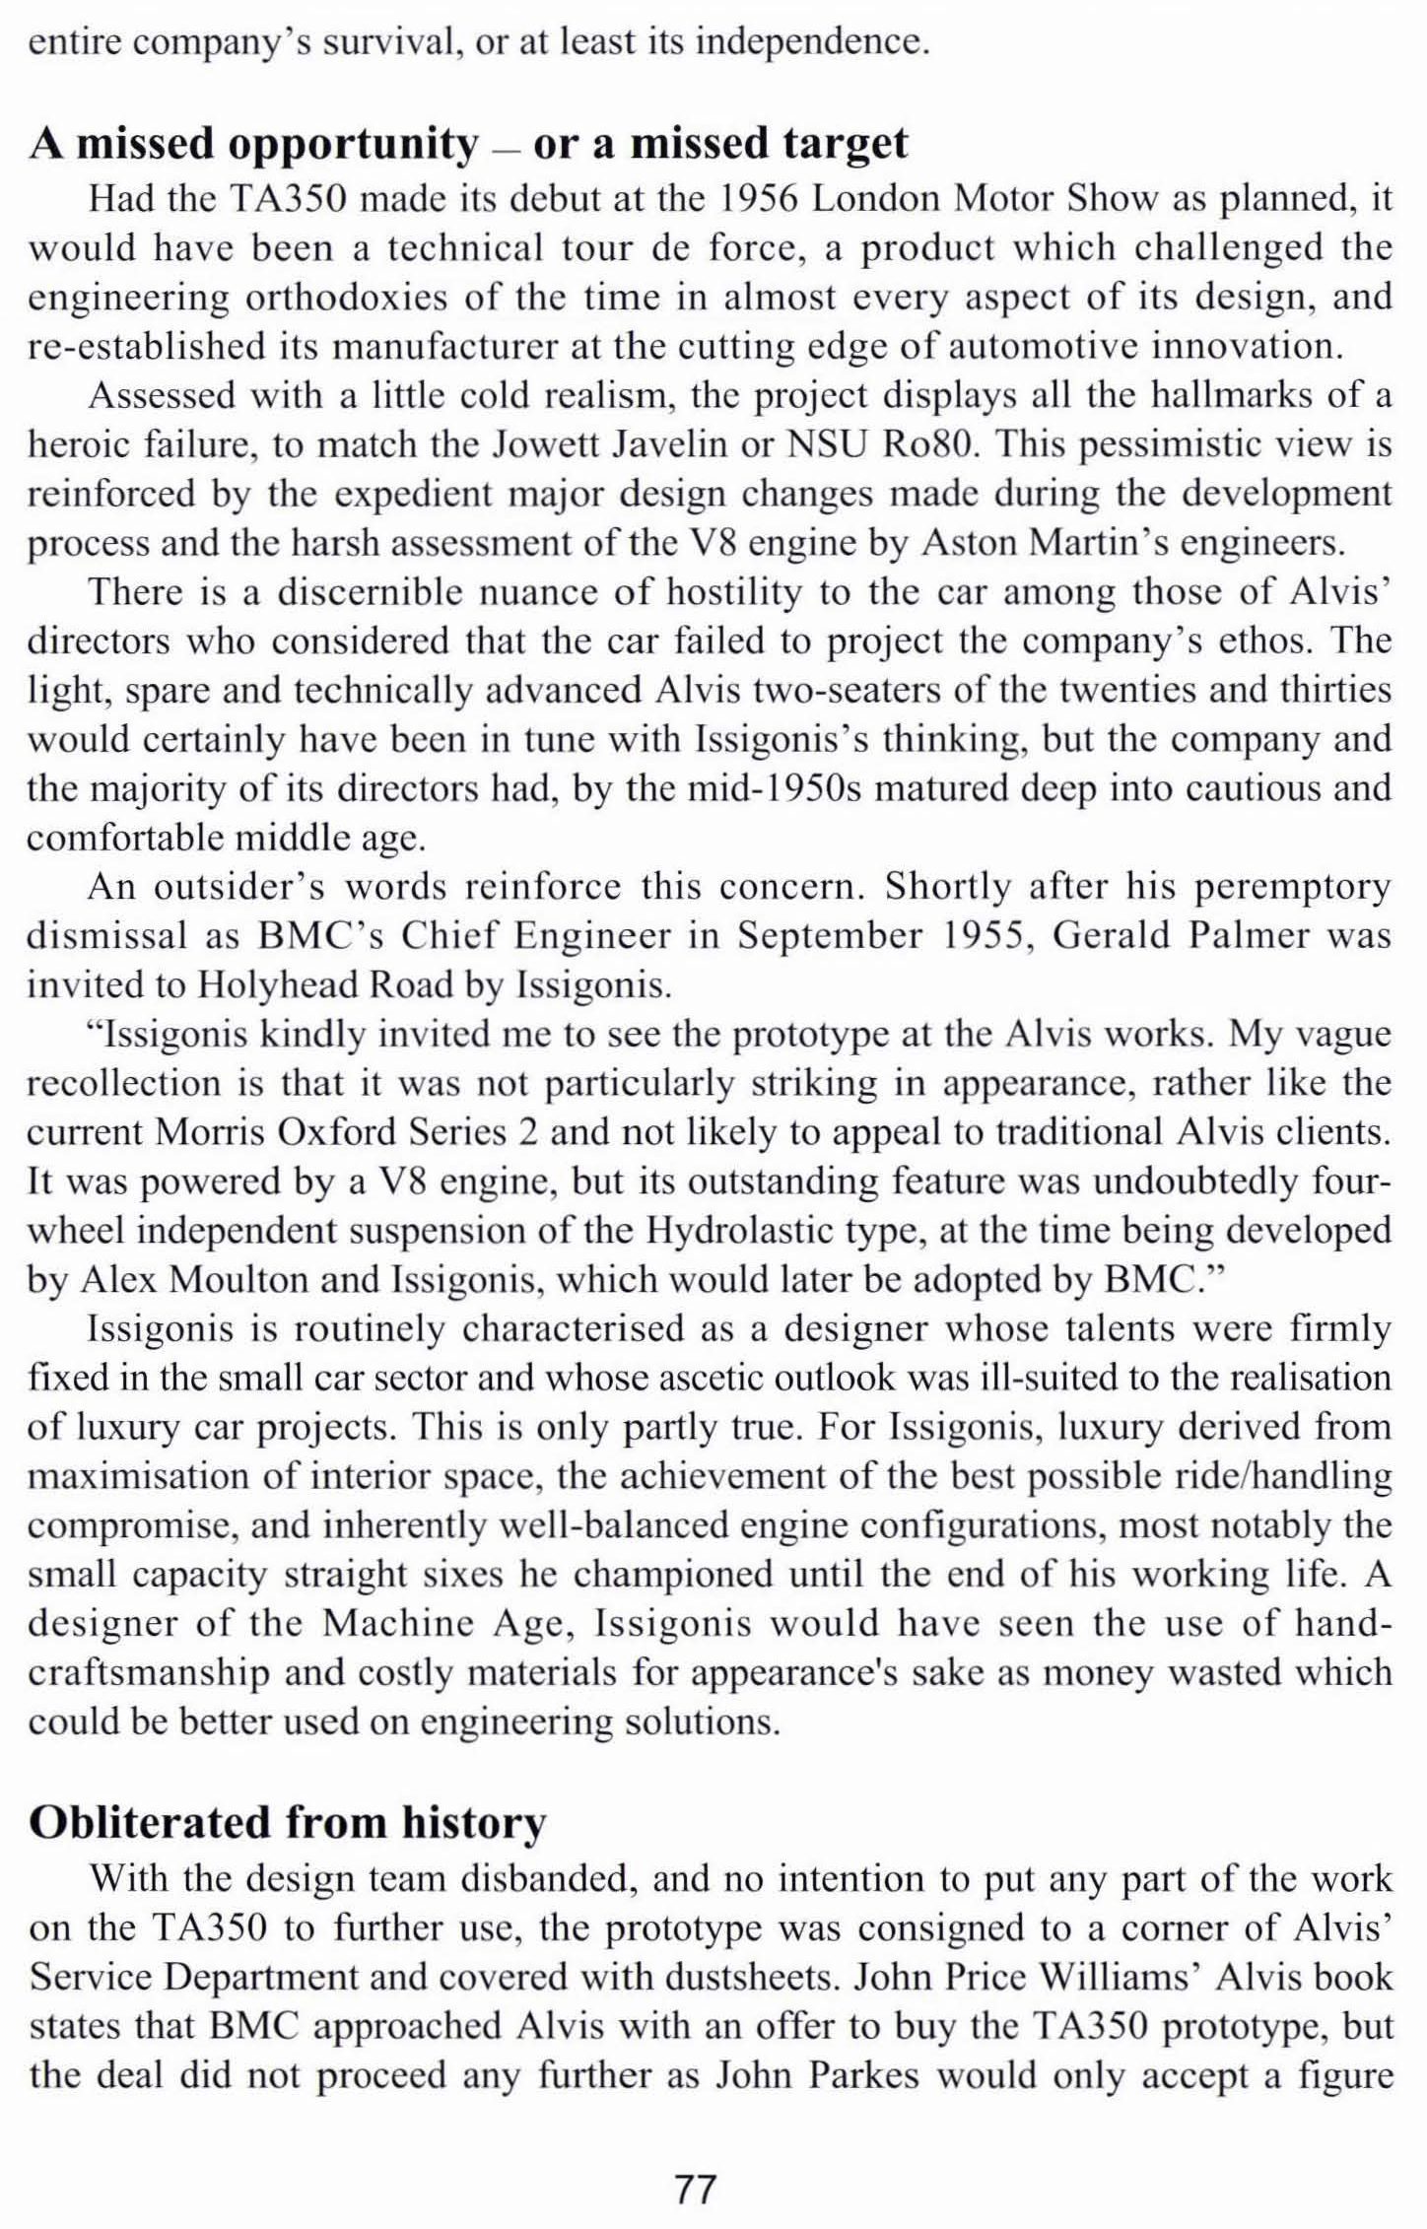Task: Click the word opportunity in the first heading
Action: [352, 145]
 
